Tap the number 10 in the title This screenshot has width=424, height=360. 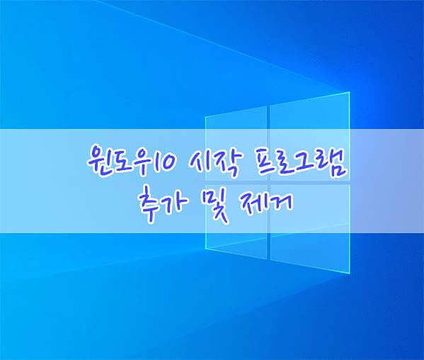[163, 162]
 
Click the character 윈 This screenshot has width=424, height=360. [99, 161]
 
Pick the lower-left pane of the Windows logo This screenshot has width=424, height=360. [236, 222]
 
